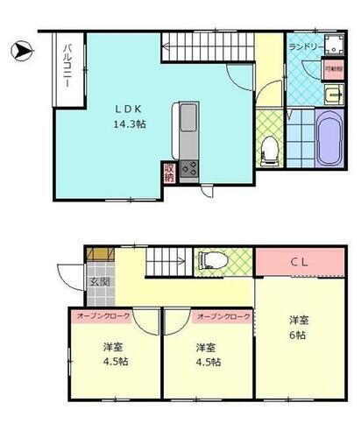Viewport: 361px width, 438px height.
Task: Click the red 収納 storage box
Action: click(167, 173)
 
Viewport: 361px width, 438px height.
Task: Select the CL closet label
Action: click(297, 262)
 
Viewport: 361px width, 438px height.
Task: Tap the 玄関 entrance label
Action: click(97, 283)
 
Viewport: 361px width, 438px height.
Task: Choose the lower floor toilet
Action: click(210, 259)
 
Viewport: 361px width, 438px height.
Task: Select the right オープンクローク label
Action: click(223, 316)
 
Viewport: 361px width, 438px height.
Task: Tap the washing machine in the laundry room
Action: click(332, 47)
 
